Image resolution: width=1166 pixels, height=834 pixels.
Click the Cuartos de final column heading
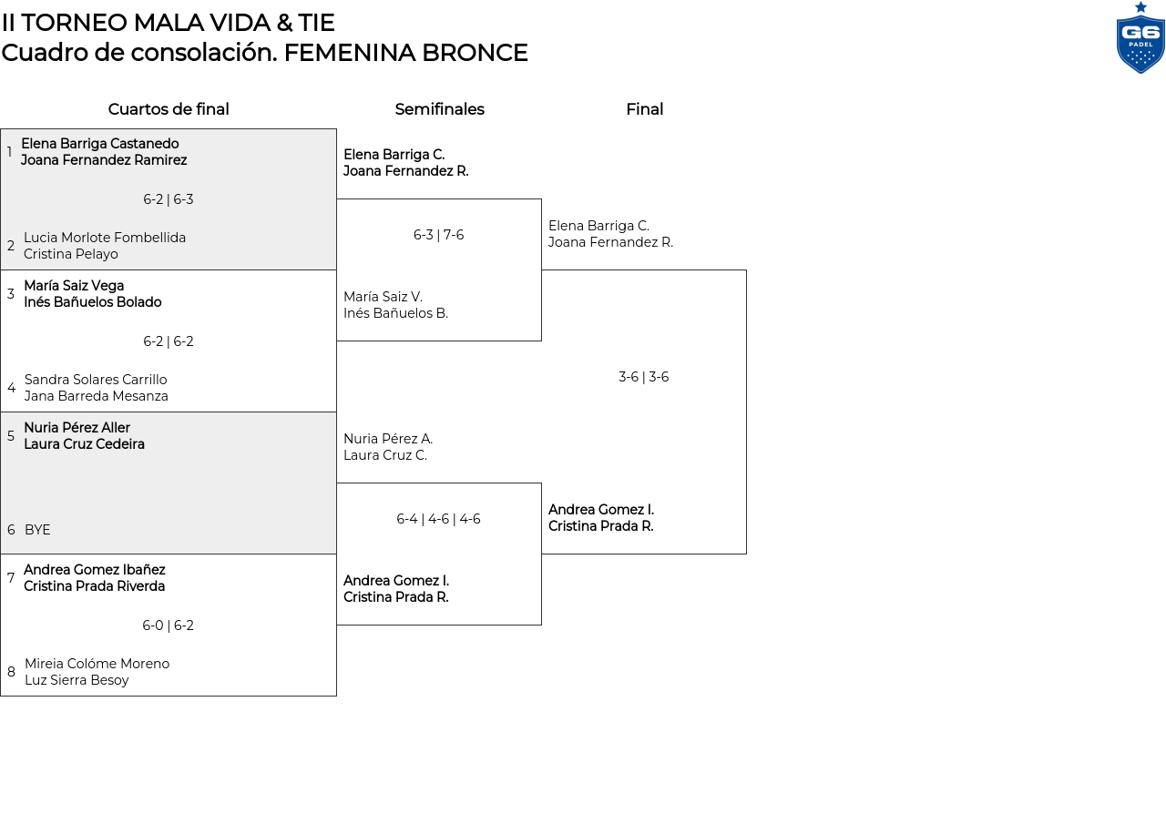[x=169, y=109]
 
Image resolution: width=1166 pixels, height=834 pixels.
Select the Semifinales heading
[x=439, y=109]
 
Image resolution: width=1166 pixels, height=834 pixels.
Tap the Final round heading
[x=644, y=109]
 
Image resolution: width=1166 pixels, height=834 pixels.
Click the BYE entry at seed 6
[x=37, y=530]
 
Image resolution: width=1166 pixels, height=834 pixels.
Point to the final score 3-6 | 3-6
[x=644, y=377]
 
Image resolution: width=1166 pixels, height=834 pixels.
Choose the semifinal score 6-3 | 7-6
[x=439, y=235]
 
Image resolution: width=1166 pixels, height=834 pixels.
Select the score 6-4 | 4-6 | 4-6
[x=438, y=519]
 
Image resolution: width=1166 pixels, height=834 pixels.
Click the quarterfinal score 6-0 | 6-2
[x=169, y=625]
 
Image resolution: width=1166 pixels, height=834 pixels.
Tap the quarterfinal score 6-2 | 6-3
[x=169, y=199]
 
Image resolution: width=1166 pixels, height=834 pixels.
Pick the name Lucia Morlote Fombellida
[x=105, y=238]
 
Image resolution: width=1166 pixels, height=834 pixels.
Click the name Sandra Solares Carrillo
[x=96, y=380]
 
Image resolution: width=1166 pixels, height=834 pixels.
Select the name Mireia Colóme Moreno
[x=97, y=664]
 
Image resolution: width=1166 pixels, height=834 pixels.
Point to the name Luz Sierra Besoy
[x=77, y=680]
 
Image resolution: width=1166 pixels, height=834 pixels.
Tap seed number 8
[x=11, y=672]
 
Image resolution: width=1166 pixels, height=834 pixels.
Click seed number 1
[x=9, y=152]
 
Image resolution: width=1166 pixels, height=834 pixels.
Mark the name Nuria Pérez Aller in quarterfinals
[x=77, y=428]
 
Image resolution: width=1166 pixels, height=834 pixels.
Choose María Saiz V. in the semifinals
[x=383, y=297]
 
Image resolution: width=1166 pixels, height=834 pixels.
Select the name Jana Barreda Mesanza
[x=97, y=396]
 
